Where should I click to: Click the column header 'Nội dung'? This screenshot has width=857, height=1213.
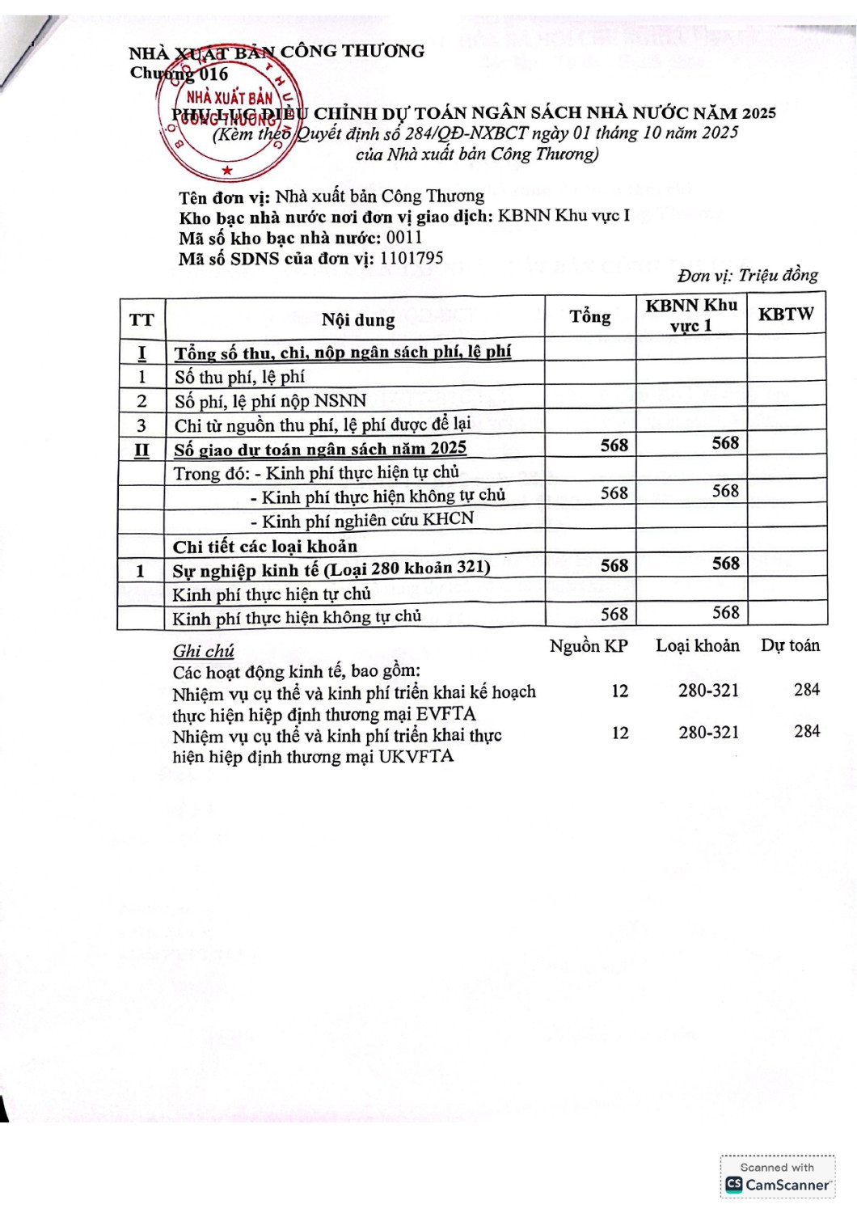pyautogui.click(x=358, y=319)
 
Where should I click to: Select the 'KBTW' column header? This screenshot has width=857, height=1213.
pyautogui.click(x=785, y=315)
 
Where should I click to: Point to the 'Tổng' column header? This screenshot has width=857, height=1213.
pyautogui.click(x=590, y=316)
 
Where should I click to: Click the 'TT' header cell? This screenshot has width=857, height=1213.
pyautogui.click(x=141, y=319)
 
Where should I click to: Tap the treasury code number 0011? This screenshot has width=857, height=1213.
pyautogui.click(x=404, y=238)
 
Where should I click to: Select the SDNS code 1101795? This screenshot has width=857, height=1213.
pyautogui.click(x=411, y=258)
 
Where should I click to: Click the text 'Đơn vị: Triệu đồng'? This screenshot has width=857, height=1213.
pyautogui.click(x=747, y=275)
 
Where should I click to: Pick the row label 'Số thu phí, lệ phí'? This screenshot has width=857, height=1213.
pyautogui.click(x=239, y=377)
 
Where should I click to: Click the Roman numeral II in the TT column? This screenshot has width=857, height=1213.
pyautogui.click(x=141, y=450)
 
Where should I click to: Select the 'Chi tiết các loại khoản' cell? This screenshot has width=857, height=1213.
pyautogui.click(x=264, y=546)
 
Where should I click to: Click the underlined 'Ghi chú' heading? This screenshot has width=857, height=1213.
pyautogui.click(x=203, y=651)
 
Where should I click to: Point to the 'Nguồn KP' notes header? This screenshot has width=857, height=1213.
pyautogui.click(x=589, y=646)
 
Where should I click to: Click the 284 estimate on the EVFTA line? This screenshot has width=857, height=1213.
pyautogui.click(x=806, y=690)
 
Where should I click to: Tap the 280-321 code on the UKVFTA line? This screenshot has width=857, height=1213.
pyautogui.click(x=708, y=732)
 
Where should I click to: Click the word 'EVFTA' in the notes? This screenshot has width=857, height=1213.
pyautogui.click(x=445, y=714)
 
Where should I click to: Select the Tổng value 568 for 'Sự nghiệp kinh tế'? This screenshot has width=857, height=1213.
pyautogui.click(x=614, y=566)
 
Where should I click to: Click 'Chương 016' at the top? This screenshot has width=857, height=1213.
pyautogui.click(x=179, y=74)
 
